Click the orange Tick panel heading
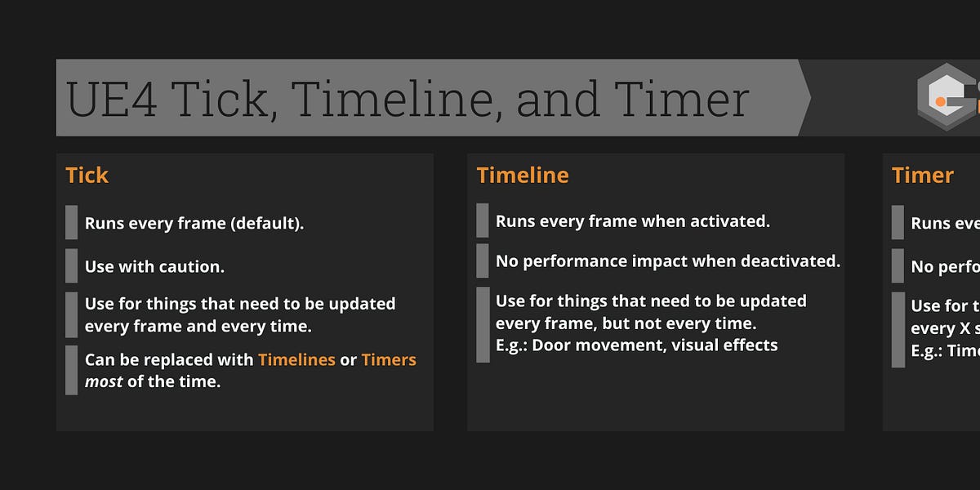87,176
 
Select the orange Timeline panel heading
523,176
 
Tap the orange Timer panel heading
923,176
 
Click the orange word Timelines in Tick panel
296,360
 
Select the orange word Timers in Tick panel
389,360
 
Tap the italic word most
104,381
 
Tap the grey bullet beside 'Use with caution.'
72,265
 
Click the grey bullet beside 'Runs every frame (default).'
72,222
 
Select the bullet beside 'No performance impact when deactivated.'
483,261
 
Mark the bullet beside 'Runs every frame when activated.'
483,220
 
